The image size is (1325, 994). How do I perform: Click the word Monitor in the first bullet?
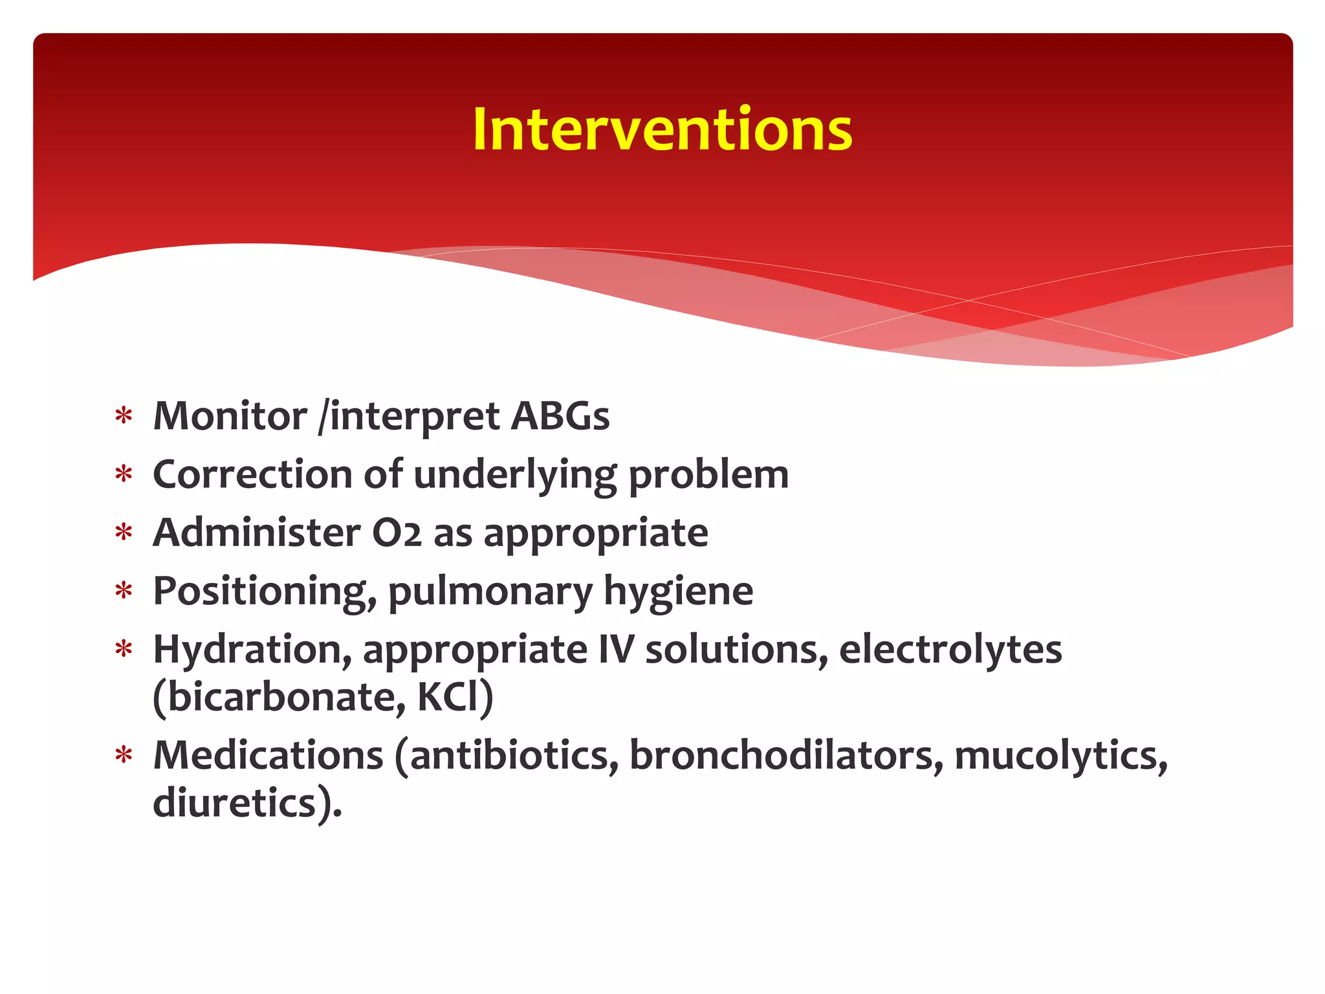click(x=230, y=416)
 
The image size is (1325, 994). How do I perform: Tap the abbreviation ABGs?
click(x=560, y=416)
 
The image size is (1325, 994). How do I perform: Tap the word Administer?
click(x=256, y=533)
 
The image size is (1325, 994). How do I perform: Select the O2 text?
click(x=397, y=533)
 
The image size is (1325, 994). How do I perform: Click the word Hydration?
click(x=252, y=650)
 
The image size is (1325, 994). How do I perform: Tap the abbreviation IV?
click(x=616, y=650)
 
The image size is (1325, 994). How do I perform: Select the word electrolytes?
click(x=950, y=650)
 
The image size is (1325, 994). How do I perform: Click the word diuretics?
click(x=235, y=803)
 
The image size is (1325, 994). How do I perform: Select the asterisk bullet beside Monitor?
click(x=124, y=416)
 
